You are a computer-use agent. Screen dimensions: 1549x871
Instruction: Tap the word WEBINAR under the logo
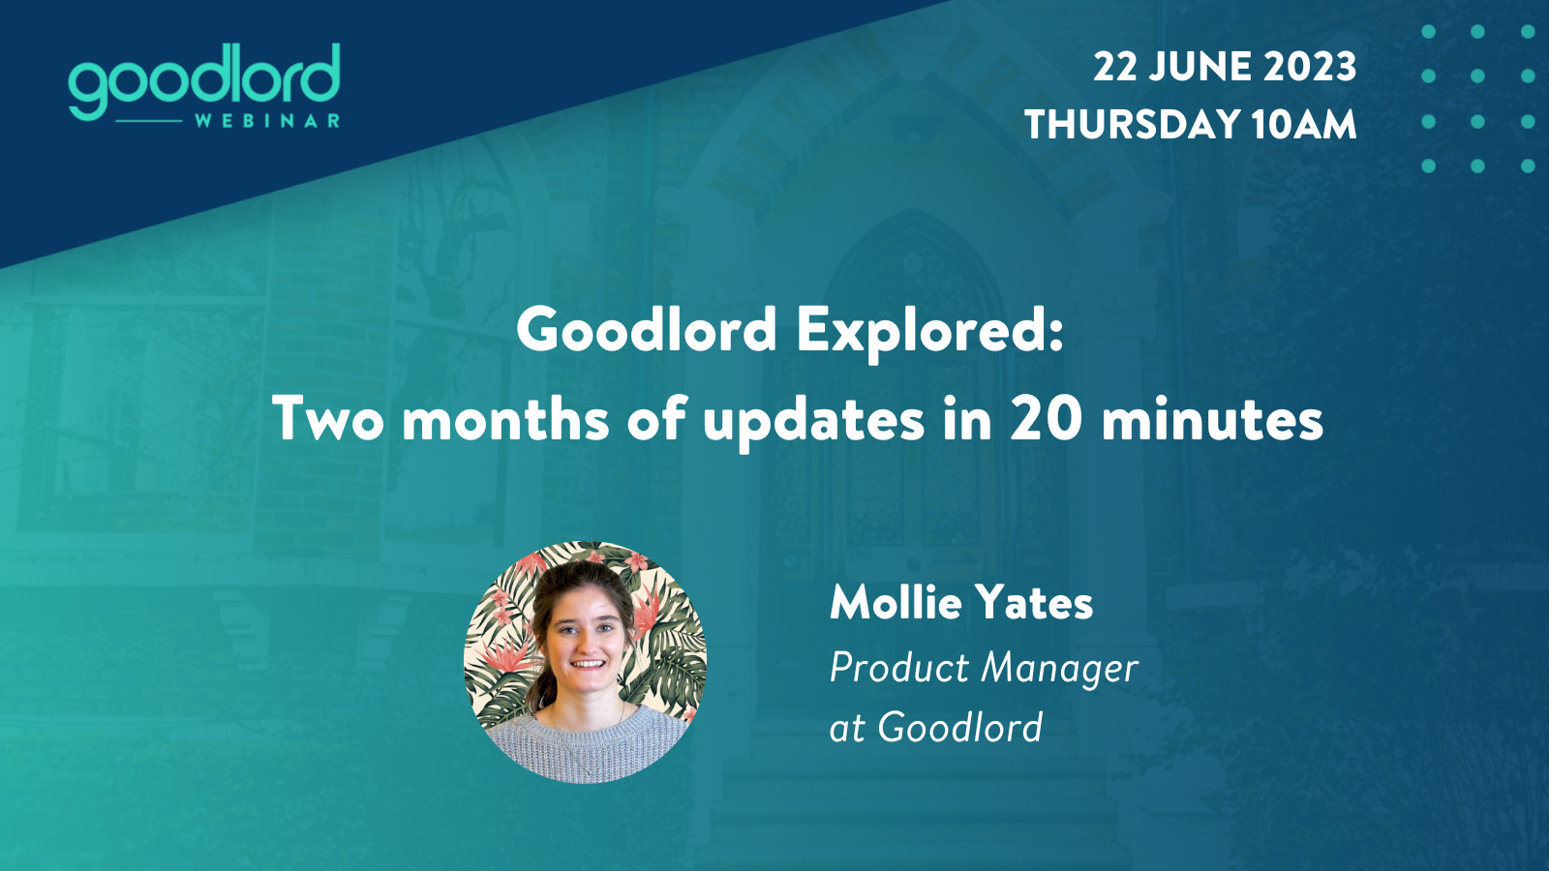coord(267,121)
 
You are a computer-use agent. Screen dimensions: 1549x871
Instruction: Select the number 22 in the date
coord(1114,67)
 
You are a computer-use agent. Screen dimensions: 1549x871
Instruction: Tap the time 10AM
coord(1303,125)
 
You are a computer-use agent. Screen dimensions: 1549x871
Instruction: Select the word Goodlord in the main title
coord(647,330)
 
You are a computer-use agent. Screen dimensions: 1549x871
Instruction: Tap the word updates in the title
coord(813,422)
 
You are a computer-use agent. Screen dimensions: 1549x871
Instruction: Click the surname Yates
coord(1035,602)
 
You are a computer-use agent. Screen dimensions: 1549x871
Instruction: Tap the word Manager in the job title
coord(1059,669)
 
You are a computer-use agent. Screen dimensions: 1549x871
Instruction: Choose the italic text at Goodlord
coord(936,727)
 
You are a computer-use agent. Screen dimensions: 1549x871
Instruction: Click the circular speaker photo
coord(585,662)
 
